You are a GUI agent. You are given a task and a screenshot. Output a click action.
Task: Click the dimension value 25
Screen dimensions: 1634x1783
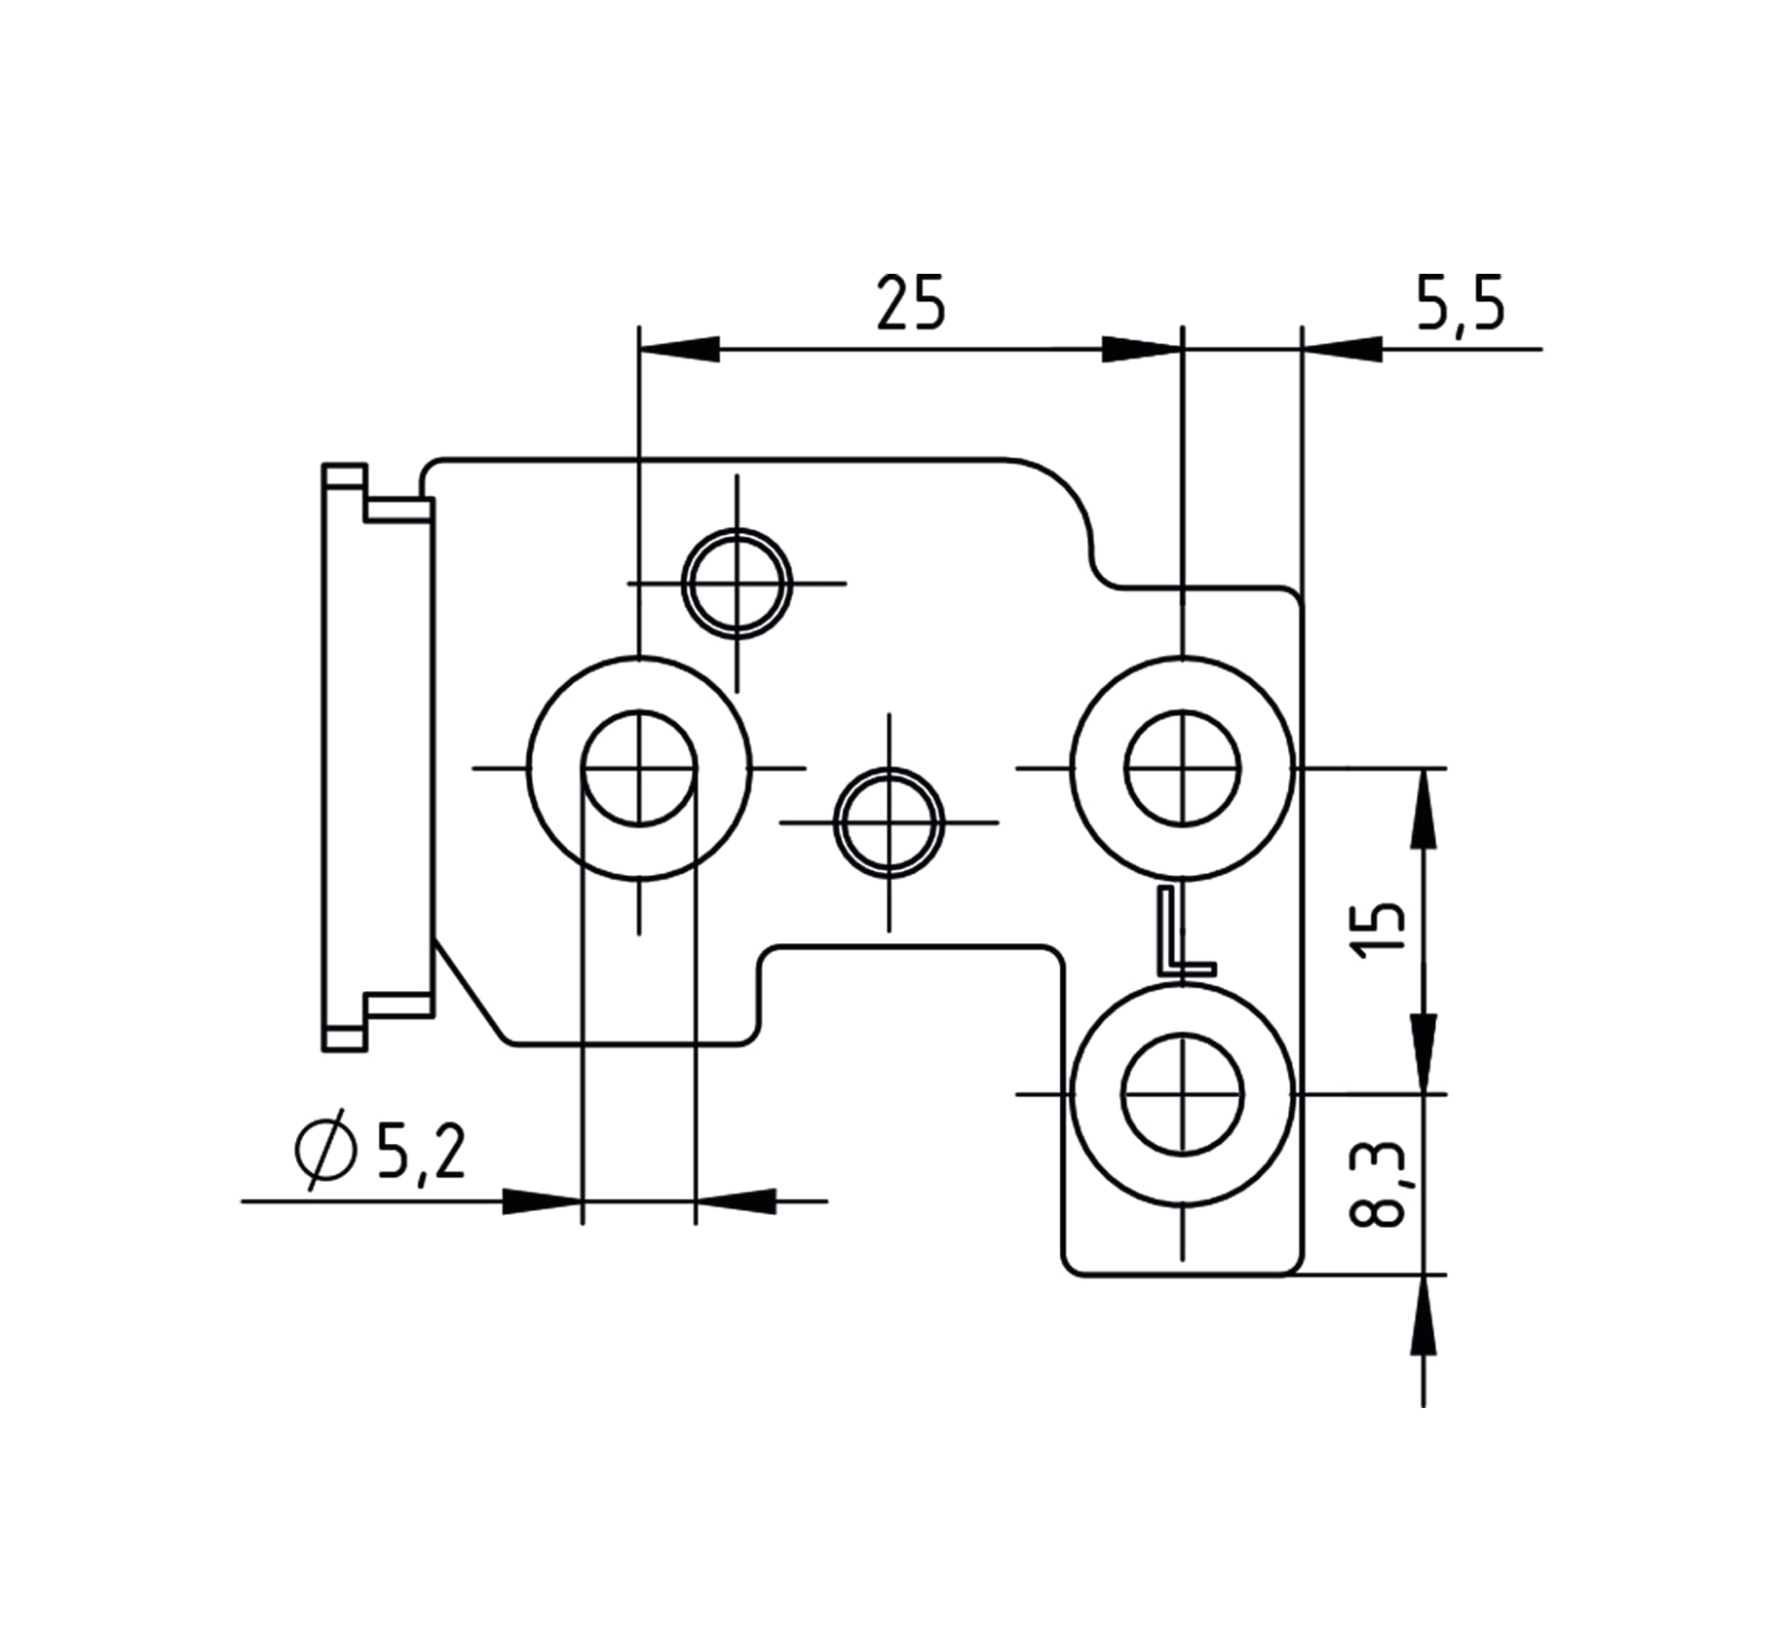910,303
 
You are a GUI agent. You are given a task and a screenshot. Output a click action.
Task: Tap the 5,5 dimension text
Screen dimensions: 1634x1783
1460,303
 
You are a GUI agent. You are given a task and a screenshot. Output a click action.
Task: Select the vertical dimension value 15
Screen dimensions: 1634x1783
1381,930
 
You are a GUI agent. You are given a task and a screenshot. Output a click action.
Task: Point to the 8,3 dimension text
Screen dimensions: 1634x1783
1379,1183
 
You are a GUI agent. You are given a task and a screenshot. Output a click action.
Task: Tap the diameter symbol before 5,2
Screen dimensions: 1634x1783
323,1150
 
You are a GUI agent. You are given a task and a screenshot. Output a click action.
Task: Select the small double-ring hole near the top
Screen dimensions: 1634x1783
737,584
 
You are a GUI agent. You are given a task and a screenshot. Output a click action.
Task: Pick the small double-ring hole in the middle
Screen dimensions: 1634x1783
889,822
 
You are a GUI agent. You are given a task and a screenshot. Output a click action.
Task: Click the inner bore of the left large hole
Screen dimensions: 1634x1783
639,769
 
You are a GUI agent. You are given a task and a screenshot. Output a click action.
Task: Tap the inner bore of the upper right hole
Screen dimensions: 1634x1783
1182,769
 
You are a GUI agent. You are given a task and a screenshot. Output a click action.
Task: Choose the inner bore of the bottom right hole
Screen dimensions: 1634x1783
1182,1094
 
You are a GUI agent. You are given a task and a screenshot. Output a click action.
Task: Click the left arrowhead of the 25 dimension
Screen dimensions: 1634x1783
679,349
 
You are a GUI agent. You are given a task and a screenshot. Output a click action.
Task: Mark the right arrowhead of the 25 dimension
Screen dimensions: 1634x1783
1141,349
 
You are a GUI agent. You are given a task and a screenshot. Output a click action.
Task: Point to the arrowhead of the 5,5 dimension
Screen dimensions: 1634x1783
1342,349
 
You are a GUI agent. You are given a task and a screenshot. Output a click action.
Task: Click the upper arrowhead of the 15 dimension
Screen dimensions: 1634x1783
1423,809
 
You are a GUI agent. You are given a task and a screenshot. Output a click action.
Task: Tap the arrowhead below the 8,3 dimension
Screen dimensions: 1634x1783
1423,1314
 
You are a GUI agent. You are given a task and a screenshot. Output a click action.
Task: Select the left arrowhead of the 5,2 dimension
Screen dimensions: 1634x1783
542,1201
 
